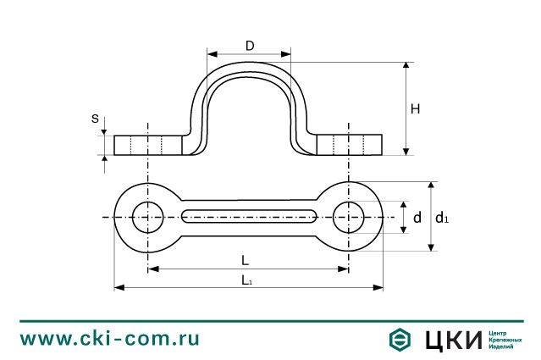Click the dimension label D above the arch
[x=250, y=45]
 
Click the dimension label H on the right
[x=415, y=108]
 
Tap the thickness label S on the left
[x=95, y=119]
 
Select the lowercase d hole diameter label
[x=417, y=219]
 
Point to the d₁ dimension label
[x=441, y=219]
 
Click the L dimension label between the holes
[x=244, y=260]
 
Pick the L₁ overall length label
[x=246, y=280]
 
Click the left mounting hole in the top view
[x=148, y=217]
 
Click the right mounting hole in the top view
[x=348, y=217]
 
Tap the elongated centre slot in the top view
[x=249, y=217]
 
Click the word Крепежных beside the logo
[x=505, y=340]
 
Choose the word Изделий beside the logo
[x=501, y=346]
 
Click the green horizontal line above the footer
[x=270, y=321]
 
